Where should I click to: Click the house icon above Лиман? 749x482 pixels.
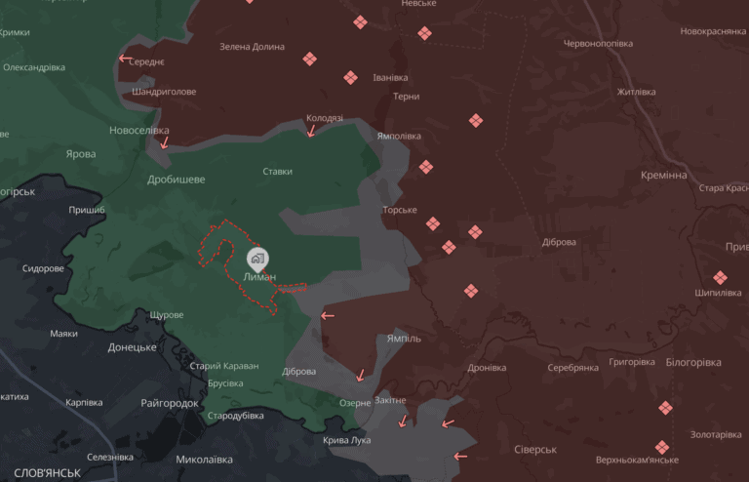coord(257,259)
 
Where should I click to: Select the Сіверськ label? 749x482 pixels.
coord(534,450)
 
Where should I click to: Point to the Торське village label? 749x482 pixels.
coord(400,210)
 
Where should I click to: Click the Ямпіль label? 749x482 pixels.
coord(404,339)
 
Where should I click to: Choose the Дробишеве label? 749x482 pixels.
coord(176,180)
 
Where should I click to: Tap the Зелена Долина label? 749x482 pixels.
coord(252,47)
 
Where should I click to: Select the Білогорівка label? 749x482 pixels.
coord(692,362)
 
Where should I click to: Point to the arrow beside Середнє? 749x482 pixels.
coord(124,59)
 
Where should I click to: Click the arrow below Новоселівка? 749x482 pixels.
coord(164,143)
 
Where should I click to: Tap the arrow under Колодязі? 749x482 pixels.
coord(311,132)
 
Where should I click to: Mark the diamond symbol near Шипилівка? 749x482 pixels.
coord(720,278)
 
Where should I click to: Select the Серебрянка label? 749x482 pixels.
coord(572,368)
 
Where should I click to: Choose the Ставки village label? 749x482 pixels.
coord(278,172)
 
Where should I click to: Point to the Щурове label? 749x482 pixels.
coord(167,315)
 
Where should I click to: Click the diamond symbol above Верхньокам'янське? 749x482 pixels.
coord(662,446)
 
